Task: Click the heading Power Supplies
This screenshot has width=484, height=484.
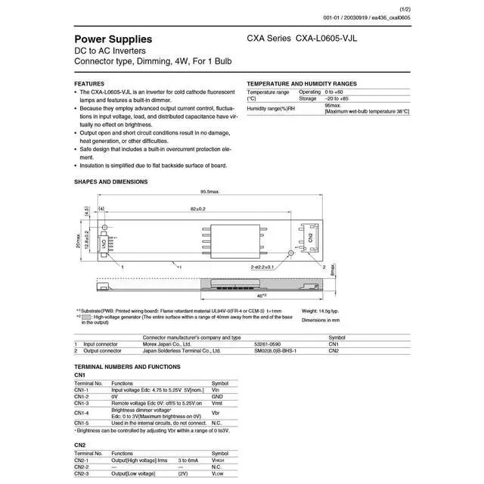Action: coord(113,39)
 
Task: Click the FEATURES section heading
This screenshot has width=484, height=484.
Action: coord(89,83)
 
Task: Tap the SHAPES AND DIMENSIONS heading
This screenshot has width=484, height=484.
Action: coord(111,181)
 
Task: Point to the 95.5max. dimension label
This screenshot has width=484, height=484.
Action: coord(209,192)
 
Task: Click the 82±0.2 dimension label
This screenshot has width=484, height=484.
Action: coord(198,209)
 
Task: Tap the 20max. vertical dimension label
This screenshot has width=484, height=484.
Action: coord(78,240)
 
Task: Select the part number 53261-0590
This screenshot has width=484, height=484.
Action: coord(269,344)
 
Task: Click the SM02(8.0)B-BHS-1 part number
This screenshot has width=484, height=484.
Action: coord(275,351)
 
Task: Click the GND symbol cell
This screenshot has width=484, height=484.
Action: coord(217,396)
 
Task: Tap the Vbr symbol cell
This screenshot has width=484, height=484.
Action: coord(216,414)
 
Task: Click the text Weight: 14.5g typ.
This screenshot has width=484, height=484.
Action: coord(321,311)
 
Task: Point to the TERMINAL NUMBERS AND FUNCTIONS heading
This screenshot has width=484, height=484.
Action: coord(127,366)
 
